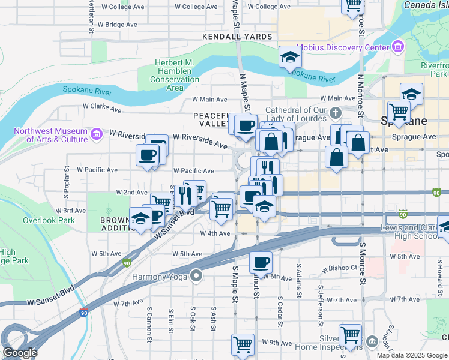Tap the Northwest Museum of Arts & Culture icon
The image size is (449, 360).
click(96, 132)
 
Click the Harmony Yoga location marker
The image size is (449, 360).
click(196, 275)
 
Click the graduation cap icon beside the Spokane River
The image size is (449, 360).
click(290, 57)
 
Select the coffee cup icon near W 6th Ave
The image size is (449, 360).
click(261, 262)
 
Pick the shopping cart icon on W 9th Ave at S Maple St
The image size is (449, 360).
click(243, 344)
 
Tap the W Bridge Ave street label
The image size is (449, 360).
click(121, 25)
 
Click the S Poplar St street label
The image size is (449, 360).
click(65, 181)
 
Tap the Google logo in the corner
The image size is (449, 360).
click(20, 352)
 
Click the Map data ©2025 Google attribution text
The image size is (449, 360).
click(412, 355)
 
